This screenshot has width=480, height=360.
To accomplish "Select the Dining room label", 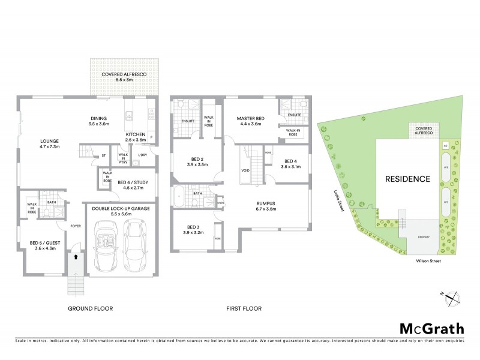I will [98, 121].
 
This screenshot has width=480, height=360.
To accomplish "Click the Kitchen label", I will [135, 137].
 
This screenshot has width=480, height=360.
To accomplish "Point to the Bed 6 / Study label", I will [133, 184].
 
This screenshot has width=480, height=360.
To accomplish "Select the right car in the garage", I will [137, 242].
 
